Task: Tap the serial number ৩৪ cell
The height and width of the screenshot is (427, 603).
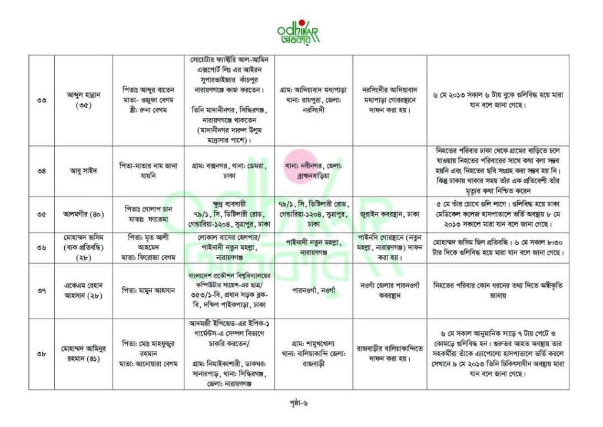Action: (x=42, y=171)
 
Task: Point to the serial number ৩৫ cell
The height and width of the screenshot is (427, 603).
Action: (x=42, y=214)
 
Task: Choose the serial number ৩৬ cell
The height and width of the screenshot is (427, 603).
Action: (x=42, y=248)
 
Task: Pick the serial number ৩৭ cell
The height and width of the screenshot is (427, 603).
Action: (x=42, y=290)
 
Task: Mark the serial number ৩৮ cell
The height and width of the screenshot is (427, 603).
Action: (x=42, y=354)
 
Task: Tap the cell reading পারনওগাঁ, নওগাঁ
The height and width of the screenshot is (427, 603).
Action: (x=313, y=290)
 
